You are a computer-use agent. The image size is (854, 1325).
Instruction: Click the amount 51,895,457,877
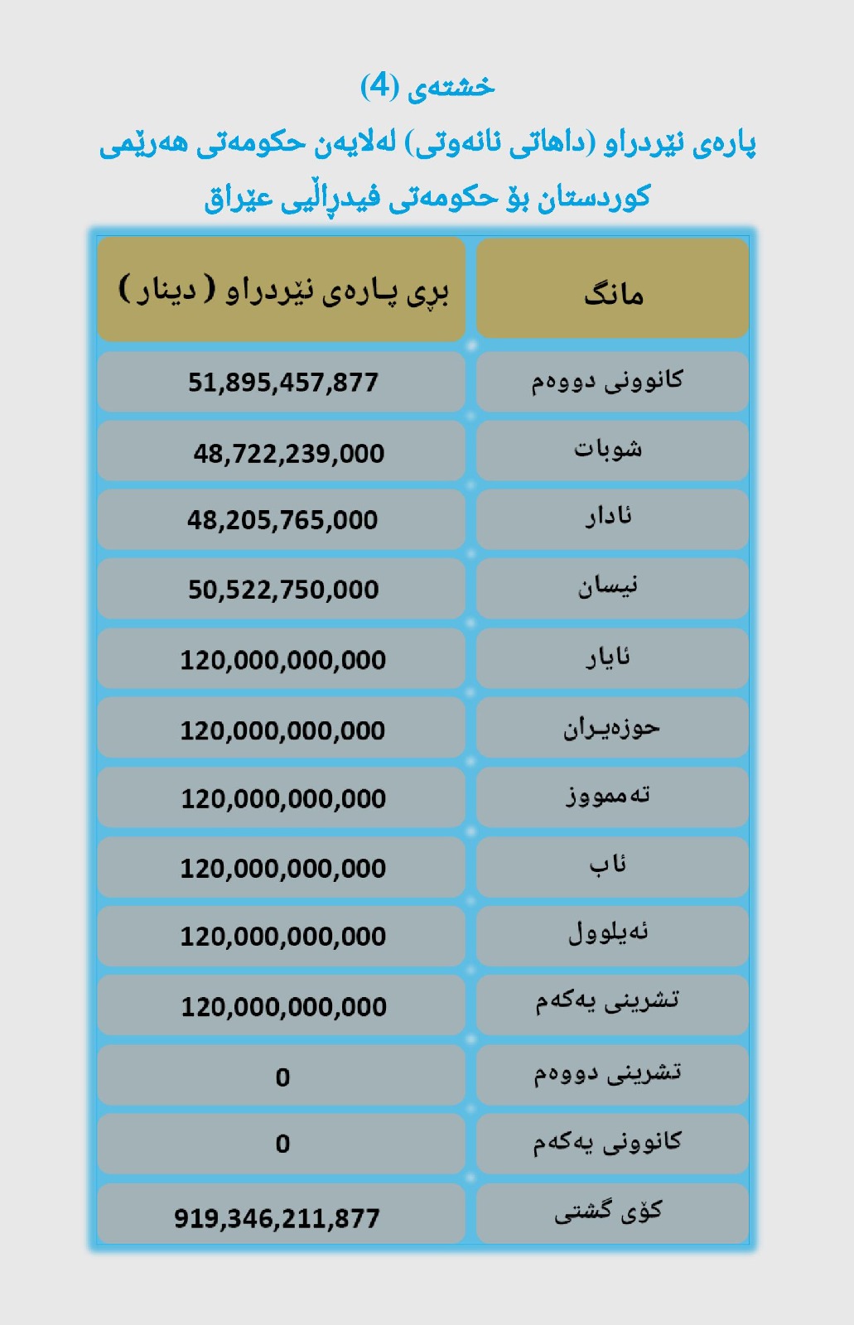[x=282, y=383]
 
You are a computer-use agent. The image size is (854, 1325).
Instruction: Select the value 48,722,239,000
[x=288, y=454]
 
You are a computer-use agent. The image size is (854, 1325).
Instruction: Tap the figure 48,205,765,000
[x=282, y=520]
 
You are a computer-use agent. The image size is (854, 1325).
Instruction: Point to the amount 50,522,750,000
[x=283, y=590]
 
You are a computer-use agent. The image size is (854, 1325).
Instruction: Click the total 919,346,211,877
[x=277, y=1218]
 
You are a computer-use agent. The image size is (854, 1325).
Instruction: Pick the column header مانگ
[x=613, y=294]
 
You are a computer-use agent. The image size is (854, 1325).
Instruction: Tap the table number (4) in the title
[x=380, y=85]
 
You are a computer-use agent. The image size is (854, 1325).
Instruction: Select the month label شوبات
[x=608, y=450]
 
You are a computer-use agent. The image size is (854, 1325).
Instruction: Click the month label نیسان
[x=608, y=587]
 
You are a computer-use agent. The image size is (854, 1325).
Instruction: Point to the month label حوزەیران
[x=611, y=728]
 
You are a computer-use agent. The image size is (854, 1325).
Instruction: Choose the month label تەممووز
[x=609, y=796]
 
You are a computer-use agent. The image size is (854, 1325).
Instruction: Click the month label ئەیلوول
[x=609, y=933]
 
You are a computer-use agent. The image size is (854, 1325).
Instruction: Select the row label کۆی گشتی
[x=609, y=1212]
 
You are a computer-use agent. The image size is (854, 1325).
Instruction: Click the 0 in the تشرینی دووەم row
[x=282, y=1077]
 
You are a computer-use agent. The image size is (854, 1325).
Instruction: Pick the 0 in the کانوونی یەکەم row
[x=282, y=1144]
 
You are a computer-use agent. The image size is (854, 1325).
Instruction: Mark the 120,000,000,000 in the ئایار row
[x=283, y=660]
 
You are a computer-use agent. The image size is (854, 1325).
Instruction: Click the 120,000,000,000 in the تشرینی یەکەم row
[x=284, y=1007]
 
